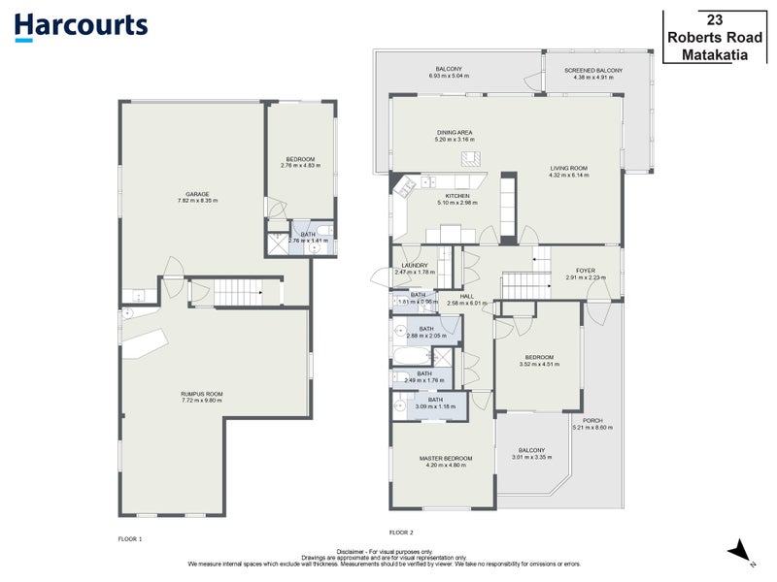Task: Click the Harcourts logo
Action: (x=82, y=26)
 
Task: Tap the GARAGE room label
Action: (x=198, y=194)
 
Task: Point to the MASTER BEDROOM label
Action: (x=445, y=458)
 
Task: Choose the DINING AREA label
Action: (x=454, y=132)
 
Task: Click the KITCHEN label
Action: (x=457, y=196)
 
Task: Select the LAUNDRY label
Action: (x=415, y=265)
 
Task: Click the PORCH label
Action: (x=592, y=420)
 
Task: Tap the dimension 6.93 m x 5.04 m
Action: (x=448, y=77)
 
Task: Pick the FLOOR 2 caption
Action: (x=401, y=533)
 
